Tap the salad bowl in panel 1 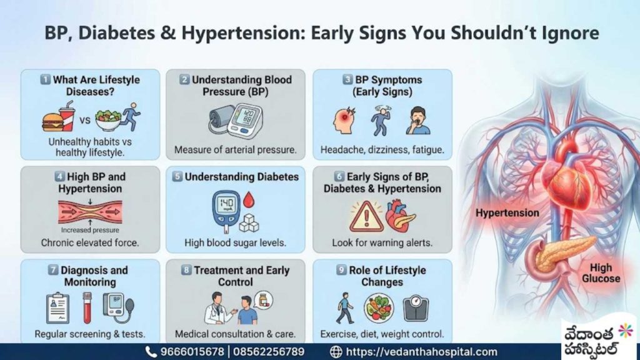[108, 121]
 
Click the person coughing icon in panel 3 [417, 121]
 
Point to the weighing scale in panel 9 [416, 308]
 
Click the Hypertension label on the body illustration [507, 212]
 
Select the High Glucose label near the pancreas [600, 273]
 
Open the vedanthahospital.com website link [421, 352]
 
